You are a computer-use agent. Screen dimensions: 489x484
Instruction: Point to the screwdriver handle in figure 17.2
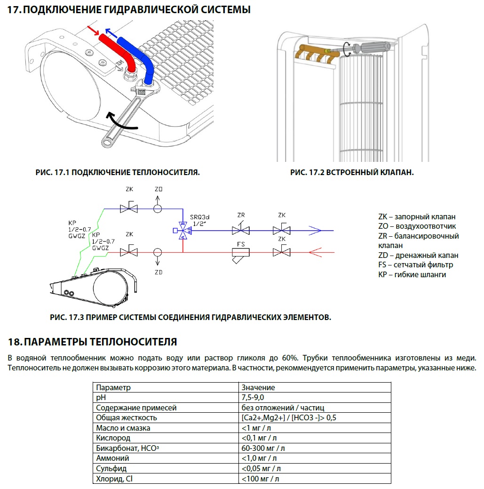click(x=376, y=48)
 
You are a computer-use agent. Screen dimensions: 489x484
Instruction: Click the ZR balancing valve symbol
click(x=241, y=230)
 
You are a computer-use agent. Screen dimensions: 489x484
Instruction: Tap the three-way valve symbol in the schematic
click(x=183, y=231)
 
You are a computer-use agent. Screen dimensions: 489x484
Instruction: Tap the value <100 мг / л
click(x=261, y=479)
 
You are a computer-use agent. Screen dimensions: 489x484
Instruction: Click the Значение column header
click(x=258, y=387)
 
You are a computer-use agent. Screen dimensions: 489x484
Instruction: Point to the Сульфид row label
click(x=111, y=468)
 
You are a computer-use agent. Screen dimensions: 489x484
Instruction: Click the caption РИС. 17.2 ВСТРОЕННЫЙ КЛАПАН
click(x=352, y=173)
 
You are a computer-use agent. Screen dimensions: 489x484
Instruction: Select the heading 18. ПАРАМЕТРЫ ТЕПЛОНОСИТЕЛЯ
click(x=93, y=341)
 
